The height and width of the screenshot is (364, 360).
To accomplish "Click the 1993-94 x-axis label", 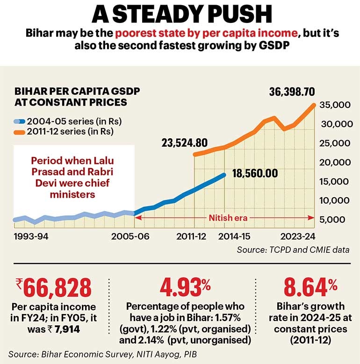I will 31,236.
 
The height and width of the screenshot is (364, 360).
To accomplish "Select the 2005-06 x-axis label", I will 131,236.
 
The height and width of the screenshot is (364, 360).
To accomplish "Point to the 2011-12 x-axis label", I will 192,236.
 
